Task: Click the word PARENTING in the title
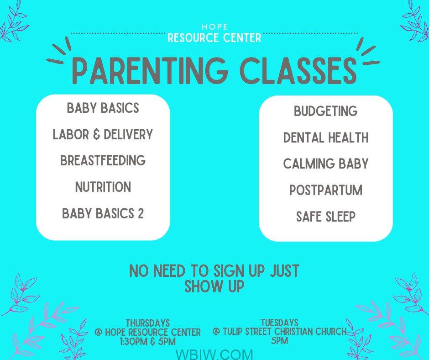pos(150,70)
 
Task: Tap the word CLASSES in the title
pos(298,70)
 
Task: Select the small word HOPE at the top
pos(215,27)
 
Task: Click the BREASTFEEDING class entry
pos(103,160)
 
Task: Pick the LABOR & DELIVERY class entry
pos(103,134)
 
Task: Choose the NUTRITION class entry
pos(103,187)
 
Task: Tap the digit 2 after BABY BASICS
pos(141,213)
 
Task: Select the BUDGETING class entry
pos(325,111)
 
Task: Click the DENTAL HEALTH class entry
pos(325,137)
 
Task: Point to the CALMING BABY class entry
pos(325,164)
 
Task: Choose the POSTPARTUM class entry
pos(325,190)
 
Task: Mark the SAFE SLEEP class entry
pos(325,217)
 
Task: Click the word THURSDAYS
pos(148,323)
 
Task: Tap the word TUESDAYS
pos(279,323)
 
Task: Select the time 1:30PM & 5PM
pos(148,341)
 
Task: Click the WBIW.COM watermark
pos(214,354)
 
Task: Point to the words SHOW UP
pos(214,286)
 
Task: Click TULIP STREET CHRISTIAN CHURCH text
pos(285,332)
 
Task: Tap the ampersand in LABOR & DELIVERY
pos(96,134)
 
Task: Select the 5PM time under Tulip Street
pos(279,340)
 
